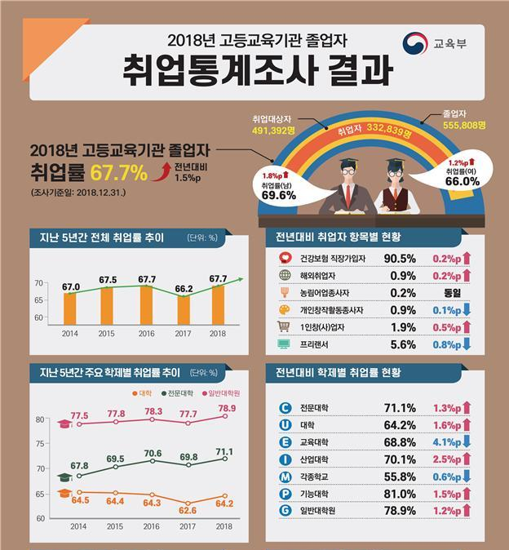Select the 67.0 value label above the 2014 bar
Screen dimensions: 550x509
coord(70,286)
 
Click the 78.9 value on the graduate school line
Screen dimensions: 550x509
coord(227,408)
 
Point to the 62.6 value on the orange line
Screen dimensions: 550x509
coord(188,512)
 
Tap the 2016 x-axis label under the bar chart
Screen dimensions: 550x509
coord(146,335)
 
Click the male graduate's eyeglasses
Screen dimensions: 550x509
coord(350,174)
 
